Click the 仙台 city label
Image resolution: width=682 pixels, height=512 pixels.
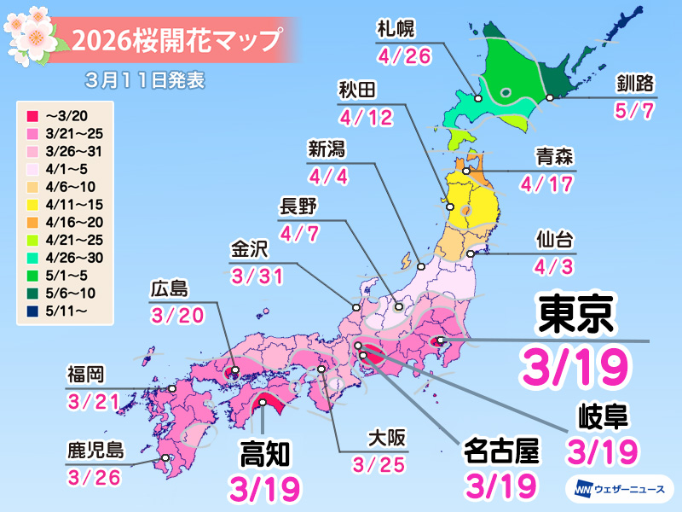tap(554, 236)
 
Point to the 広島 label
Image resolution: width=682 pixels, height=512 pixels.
tap(168, 288)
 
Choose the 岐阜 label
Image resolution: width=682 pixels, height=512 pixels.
tap(602, 416)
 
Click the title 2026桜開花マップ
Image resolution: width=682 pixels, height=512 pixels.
tap(176, 38)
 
